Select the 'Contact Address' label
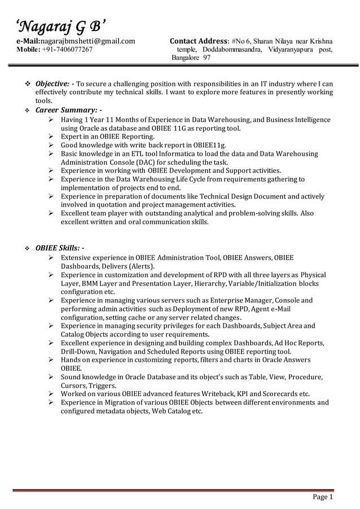pyautogui.click(x=199, y=41)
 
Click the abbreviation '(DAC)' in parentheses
pyautogui.click(x=143, y=162)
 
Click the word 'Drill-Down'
pyautogui.click(x=79, y=350)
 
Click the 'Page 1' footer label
pyautogui.click(x=322, y=497)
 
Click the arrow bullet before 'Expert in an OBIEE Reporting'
pyautogui.click(x=52, y=137)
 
